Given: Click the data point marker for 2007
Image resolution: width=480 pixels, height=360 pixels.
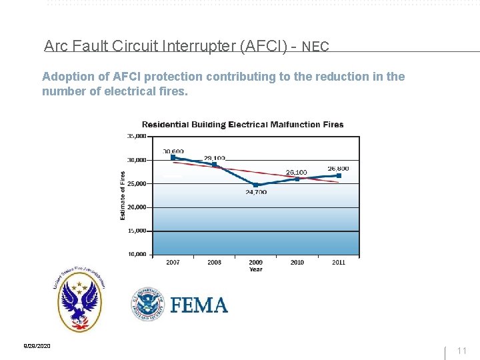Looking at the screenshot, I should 173,158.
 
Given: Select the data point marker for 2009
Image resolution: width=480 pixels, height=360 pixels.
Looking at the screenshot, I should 256,185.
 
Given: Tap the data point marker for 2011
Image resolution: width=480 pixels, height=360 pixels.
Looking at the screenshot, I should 339,175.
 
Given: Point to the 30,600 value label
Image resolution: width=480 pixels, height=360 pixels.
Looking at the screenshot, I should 173,151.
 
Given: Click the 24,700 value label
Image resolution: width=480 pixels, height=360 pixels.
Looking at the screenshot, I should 256,192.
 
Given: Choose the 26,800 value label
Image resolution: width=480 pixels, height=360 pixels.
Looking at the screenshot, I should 338,169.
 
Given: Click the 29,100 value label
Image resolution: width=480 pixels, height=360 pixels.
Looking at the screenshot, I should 215,158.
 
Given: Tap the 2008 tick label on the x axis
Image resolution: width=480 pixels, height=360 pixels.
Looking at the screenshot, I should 214,263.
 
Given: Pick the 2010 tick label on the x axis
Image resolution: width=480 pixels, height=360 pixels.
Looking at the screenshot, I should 297,263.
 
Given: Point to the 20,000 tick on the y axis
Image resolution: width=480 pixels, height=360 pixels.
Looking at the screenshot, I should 137,207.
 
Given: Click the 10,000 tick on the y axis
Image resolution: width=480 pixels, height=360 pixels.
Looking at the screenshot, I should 137,254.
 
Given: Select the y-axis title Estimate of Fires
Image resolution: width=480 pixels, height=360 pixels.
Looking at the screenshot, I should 123,195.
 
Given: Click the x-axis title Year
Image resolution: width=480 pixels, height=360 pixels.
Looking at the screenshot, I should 256,269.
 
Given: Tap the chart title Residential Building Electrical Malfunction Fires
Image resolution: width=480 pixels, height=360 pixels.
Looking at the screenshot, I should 243,125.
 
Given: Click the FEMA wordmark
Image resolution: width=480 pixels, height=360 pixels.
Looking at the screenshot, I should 199,305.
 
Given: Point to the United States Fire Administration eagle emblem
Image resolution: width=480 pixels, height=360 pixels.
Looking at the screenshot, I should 79,302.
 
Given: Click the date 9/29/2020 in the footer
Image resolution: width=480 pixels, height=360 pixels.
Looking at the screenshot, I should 37,346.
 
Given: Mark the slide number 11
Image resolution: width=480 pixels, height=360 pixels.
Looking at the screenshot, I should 462,350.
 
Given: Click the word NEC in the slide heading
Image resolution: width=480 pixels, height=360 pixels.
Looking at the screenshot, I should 315,47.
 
